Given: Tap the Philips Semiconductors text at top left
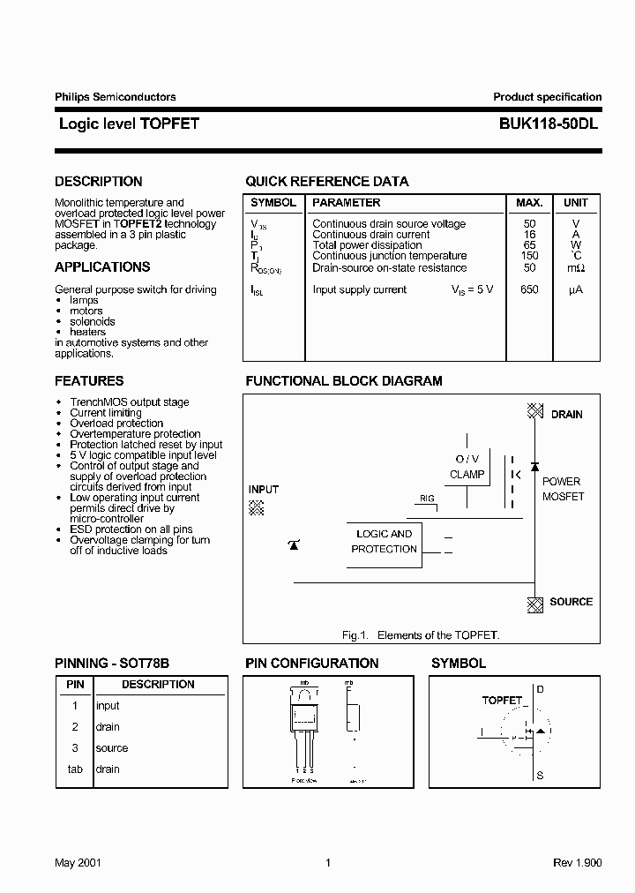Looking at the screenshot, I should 116,97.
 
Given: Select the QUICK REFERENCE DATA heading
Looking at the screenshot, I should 326,182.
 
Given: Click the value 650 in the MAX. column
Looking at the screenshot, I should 529,289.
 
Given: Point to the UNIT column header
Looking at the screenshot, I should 575,203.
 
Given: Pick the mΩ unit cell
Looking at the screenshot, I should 575,268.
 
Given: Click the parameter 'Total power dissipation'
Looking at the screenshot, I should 367,245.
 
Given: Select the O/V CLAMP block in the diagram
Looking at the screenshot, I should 467,467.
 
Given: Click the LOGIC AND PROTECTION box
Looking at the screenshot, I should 385,542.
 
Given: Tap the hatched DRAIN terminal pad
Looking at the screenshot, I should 534,411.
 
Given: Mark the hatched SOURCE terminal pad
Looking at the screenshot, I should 534,604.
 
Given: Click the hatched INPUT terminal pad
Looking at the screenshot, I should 257,507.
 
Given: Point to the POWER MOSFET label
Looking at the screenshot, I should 562,489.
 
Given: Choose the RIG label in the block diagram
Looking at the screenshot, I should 427,499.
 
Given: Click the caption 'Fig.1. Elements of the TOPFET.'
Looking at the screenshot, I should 420,635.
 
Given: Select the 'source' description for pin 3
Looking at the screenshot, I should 112,748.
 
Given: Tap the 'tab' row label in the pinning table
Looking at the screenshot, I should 75,769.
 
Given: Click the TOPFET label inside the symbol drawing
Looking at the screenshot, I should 502,700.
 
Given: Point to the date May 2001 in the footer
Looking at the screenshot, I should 78,863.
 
